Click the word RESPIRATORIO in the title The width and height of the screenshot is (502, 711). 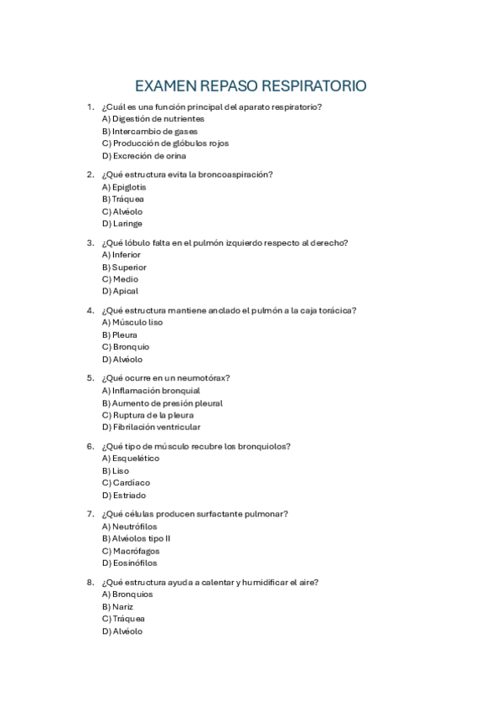(314, 86)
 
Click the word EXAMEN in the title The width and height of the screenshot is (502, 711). (165, 86)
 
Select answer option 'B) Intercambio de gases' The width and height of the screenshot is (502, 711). (149, 131)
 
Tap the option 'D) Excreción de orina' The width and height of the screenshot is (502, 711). (143, 155)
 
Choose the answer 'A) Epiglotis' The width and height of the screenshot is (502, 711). (124, 187)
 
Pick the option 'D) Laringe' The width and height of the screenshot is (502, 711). (122, 224)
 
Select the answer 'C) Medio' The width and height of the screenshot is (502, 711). (120, 279)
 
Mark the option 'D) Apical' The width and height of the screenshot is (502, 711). (120, 291)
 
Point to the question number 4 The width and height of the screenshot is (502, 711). (90, 310)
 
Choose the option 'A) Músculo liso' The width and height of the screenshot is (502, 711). (132, 322)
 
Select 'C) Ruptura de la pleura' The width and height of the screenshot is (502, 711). (147, 415)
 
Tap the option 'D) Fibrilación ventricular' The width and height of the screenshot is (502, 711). (151, 428)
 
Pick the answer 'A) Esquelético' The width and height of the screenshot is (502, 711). (130, 459)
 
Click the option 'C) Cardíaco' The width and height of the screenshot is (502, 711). (126, 483)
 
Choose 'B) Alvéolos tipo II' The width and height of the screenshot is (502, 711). (136, 538)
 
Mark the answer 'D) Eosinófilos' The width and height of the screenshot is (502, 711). (129, 563)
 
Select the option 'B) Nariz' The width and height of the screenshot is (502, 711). (117, 606)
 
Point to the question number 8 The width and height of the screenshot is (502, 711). (90, 582)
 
